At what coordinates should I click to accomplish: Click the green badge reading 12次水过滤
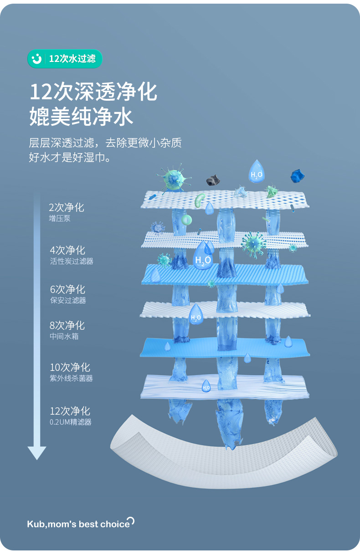[x=65, y=59]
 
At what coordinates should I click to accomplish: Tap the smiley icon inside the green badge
[x=36, y=59]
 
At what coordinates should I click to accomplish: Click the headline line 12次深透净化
[x=93, y=92]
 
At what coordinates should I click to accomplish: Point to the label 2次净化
[x=67, y=208]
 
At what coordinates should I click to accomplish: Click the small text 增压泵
[x=60, y=219]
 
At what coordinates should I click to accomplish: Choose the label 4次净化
[x=67, y=250]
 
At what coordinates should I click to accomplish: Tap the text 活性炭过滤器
[x=72, y=262]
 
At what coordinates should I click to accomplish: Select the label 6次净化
[x=67, y=289]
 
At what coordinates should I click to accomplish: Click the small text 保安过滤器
[x=68, y=300]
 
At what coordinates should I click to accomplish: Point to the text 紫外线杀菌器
[x=72, y=378]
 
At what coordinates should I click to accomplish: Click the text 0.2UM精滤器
[x=71, y=422]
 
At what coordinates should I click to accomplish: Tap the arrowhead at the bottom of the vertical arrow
[x=37, y=452]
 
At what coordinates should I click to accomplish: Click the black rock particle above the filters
[x=212, y=180]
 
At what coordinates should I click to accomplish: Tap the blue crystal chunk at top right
[x=298, y=176]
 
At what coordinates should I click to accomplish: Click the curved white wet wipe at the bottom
[x=223, y=460]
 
